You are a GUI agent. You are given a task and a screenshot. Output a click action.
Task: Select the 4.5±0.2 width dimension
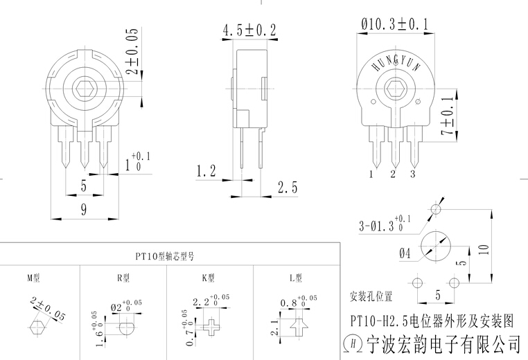[249, 30]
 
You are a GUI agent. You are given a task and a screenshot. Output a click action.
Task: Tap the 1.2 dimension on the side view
[206, 170]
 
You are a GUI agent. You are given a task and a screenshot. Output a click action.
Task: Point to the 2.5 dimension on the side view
[287, 187]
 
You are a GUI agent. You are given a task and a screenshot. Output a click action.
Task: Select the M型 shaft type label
[34, 278]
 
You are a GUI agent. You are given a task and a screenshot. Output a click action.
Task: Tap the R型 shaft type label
[123, 278]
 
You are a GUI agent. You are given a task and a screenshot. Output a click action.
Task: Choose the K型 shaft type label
[208, 278]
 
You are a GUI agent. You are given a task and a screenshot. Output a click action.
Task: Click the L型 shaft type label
[296, 278]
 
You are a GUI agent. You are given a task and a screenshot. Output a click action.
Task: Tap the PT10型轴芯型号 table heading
[166, 256]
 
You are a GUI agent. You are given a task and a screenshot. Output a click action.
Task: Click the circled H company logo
[353, 342]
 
